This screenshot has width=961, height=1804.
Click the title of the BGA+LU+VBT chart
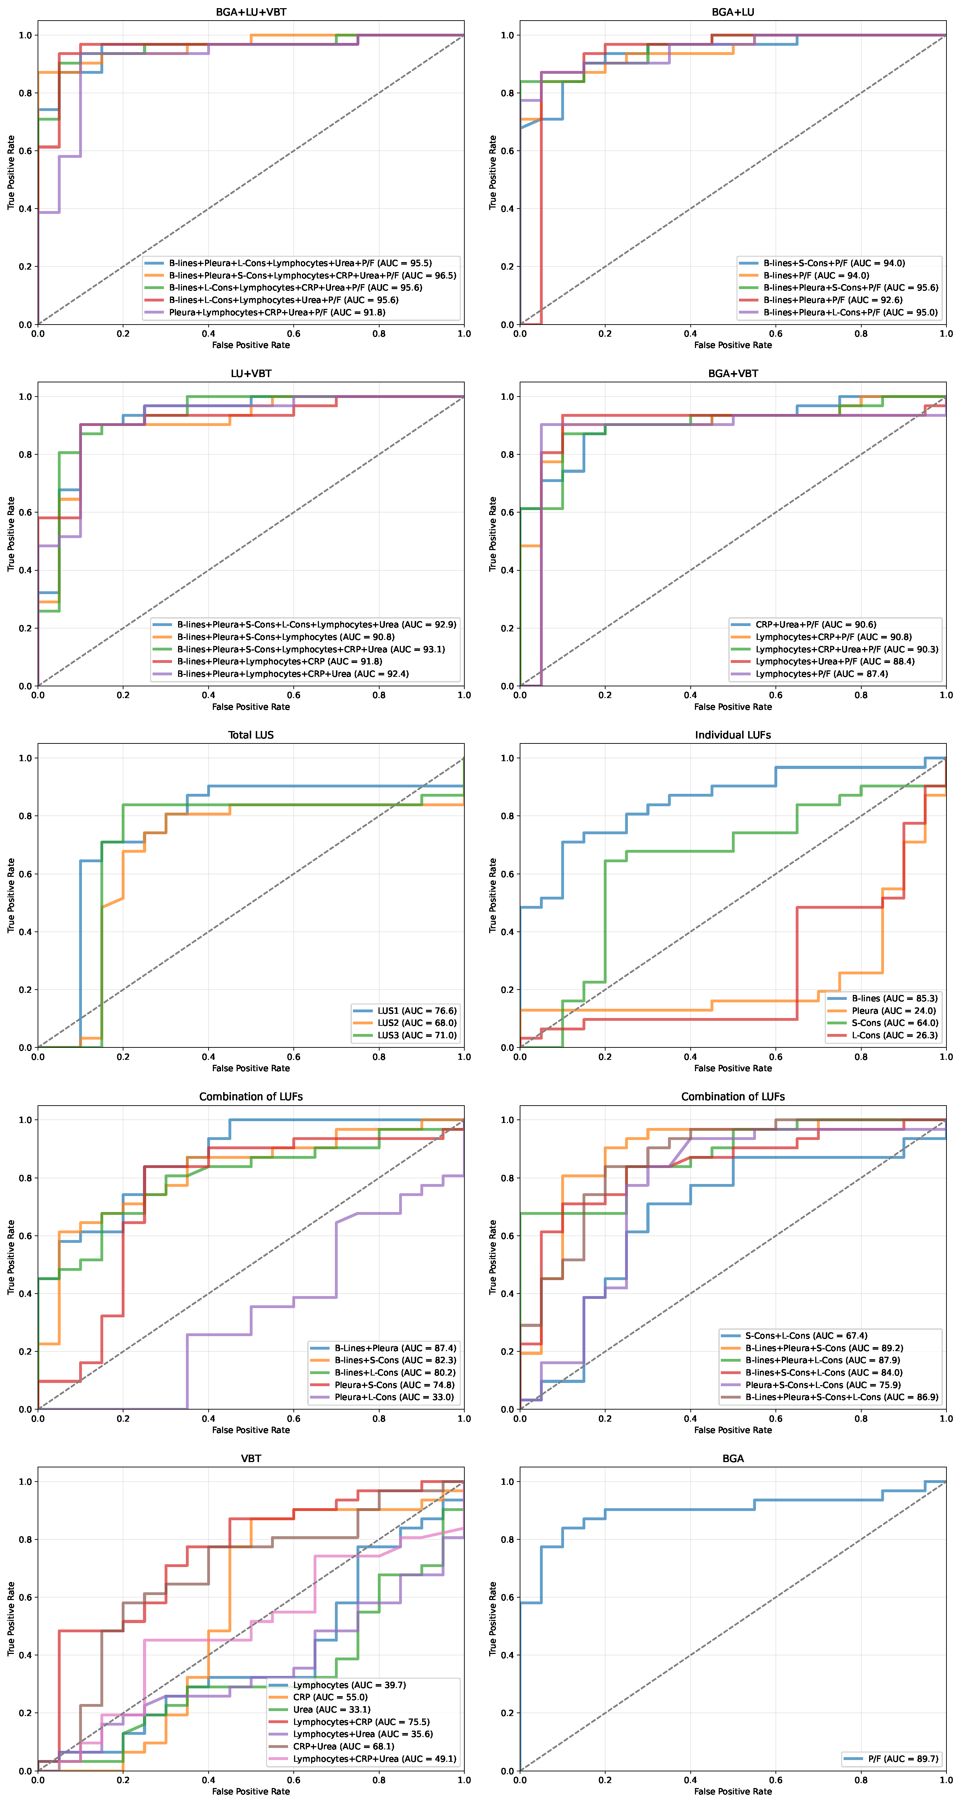[x=251, y=12]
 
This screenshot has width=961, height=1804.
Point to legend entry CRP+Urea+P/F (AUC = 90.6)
[x=815, y=625]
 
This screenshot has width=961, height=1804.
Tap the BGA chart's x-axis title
[x=733, y=1791]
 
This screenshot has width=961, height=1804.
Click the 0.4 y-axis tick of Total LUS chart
[x=25, y=932]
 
